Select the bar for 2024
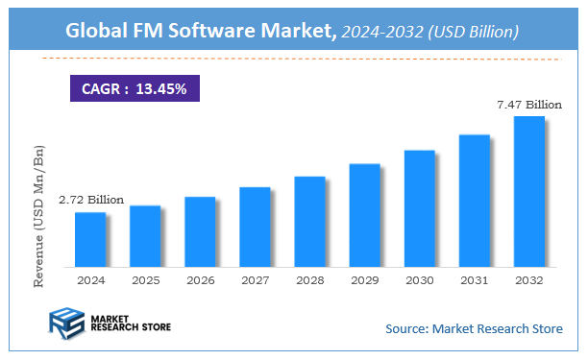pyautogui.click(x=90, y=239)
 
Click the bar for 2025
pyautogui.click(x=145, y=235)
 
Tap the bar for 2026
pyautogui.click(x=200, y=231)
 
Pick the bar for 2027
pyautogui.click(x=255, y=227)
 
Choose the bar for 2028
pyautogui.click(x=309, y=221)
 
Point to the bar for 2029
pyautogui.click(x=364, y=215)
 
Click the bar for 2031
pyautogui.click(x=475, y=201)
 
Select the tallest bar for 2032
pyautogui.click(x=529, y=191)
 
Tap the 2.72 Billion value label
pyautogui.click(x=92, y=200)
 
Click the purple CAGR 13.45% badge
pyautogui.click(x=134, y=89)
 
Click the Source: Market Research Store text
pyautogui.click(x=474, y=329)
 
